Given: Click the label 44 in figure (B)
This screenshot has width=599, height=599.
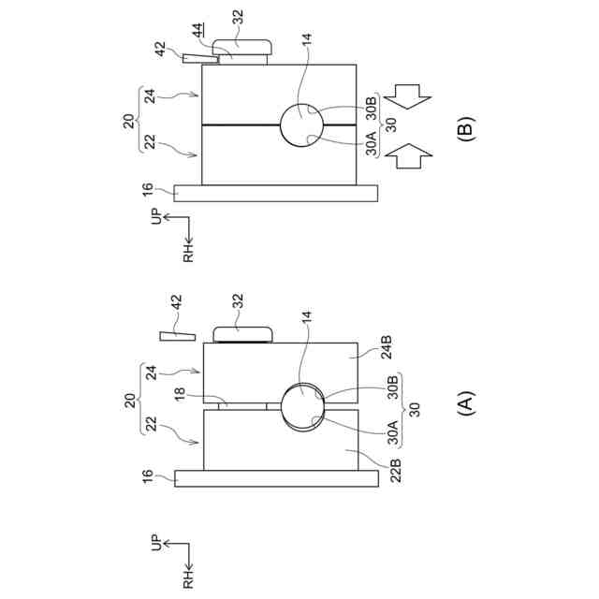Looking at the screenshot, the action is click(x=197, y=30).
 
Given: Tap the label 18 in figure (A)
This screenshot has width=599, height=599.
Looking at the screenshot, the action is click(x=180, y=393).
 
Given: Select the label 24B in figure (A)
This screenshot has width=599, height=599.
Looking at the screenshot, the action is click(x=387, y=347).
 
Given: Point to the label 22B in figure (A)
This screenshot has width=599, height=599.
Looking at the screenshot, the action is click(x=395, y=470).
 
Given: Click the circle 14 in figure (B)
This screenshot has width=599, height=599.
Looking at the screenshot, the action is click(x=301, y=124).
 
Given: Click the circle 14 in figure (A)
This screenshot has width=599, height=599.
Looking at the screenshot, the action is click(x=302, y=406).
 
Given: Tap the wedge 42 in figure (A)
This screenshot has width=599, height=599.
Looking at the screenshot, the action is click(x=178, y=336).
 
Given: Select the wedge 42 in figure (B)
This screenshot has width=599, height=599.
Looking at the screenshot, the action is click(x=200, y=58).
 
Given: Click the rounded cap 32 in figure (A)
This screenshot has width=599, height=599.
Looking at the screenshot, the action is click(x=242, y=335).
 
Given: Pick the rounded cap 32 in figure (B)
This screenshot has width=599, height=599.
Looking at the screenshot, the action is click(x=242, y=48).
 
